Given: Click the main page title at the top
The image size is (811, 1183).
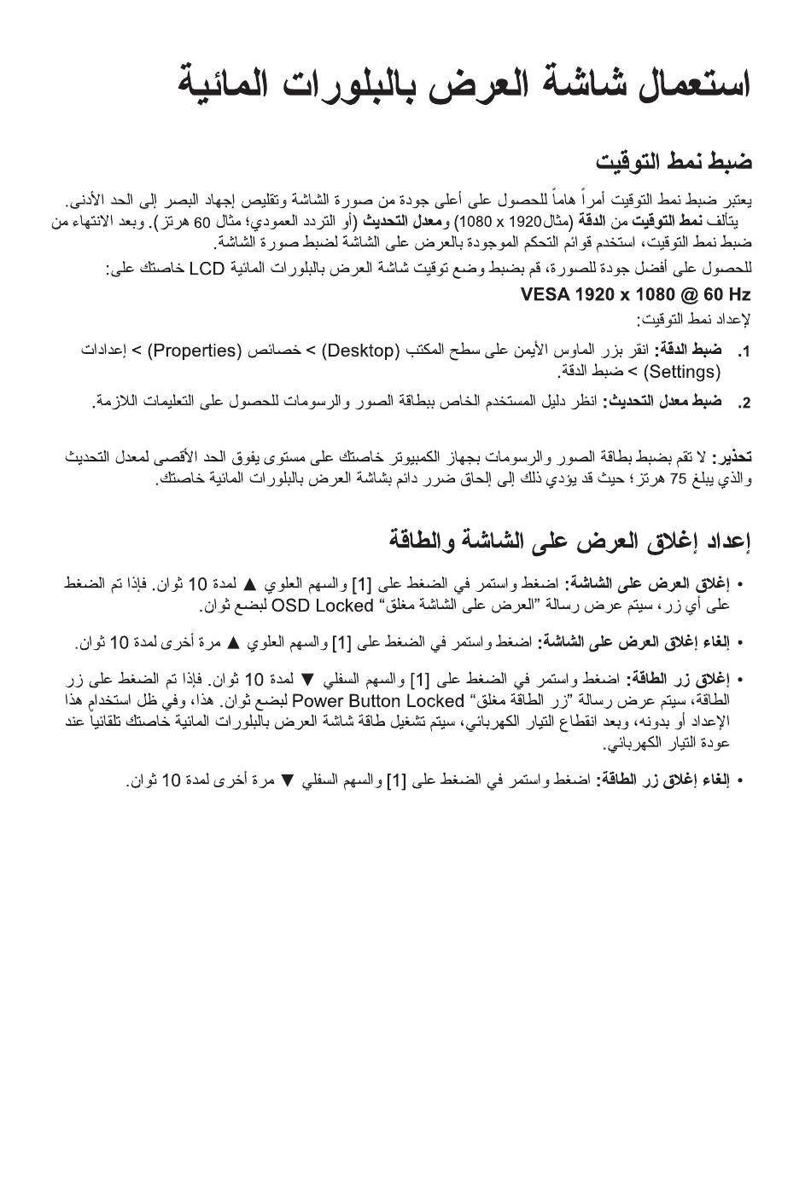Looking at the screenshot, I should click(x=464, y=84).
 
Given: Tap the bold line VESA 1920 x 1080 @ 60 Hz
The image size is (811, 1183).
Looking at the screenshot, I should click(x=636, y=295).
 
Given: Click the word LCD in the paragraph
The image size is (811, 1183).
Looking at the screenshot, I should click(x=206, y=270).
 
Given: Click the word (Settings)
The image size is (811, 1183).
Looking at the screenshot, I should click(x=683, y=372).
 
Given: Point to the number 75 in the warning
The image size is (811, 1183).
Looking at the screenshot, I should click(x=678, y=478).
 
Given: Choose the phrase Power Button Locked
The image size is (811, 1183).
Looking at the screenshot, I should click(x=378, y=701).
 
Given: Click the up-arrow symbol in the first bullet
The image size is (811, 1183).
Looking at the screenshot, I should click(x=250, y=585).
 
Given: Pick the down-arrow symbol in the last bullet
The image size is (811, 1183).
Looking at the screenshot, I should click(x=287, y=780).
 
